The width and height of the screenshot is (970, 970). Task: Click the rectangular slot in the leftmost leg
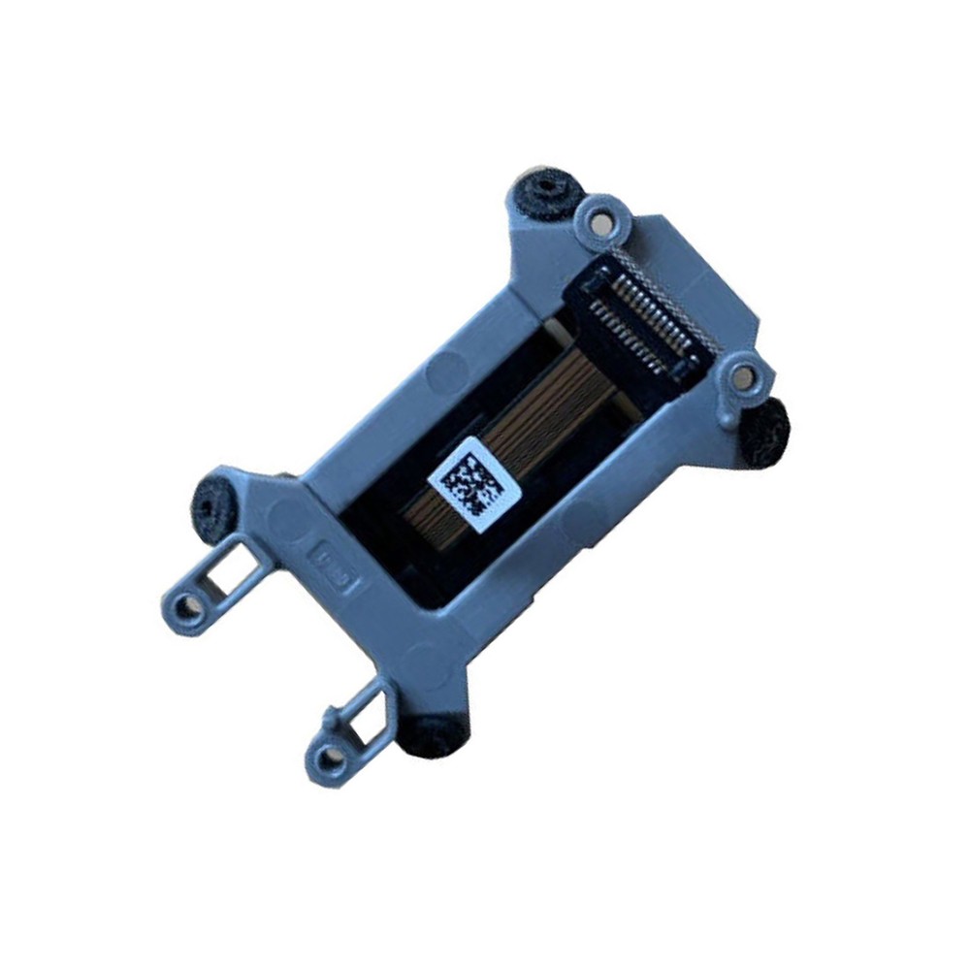[234, 571]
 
